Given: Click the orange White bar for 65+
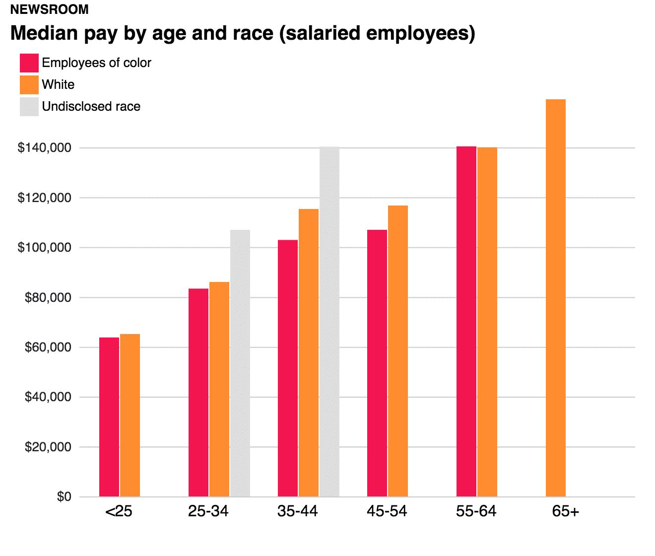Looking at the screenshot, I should click(555, 298).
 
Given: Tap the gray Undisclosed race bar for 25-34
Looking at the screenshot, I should click(240, 363).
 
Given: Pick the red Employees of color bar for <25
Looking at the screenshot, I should click(109, 417).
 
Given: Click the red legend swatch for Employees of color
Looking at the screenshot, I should click(29, 63).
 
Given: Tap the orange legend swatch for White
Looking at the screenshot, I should click(29, 85).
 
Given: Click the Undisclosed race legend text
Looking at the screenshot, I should click(91, 107).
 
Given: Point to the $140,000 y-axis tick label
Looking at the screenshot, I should click(44, 148).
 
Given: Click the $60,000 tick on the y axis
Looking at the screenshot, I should click(48, 347).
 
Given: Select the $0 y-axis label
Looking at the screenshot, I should click(64, 496).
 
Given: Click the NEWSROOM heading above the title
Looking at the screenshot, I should click(49, 9).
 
